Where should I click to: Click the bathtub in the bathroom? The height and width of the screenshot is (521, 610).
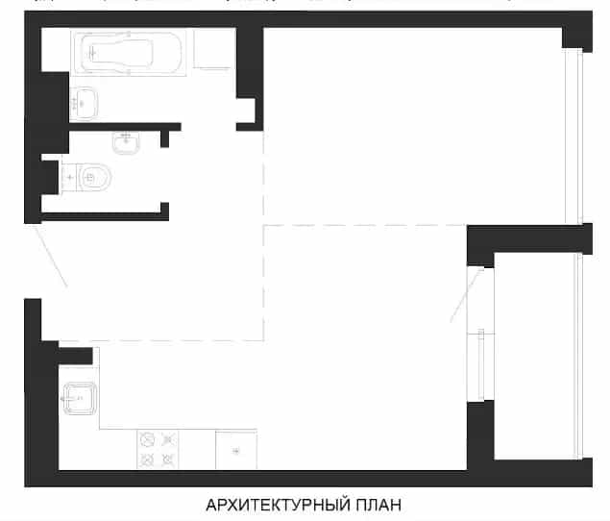[x=129, y=52]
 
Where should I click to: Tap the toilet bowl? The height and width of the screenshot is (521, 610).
[x=94, y=178]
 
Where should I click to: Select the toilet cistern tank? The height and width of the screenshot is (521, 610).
[x=69, y=178]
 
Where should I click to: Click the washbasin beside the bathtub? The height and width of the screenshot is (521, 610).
[x=84, y=104]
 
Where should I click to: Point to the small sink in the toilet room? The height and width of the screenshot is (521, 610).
[x=126, y=142]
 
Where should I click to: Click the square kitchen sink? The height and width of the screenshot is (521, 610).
[x=80, y=398]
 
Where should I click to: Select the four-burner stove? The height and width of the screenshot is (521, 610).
[x=158, y=449]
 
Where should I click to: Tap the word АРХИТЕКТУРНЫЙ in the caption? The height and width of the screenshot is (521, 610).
[x=278, y=505]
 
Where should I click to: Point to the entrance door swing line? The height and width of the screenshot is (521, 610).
[x=51, y=256]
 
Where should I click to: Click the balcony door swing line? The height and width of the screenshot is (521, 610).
[x=467, y=295]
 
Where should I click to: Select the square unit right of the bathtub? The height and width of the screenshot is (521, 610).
[x=212, y=48]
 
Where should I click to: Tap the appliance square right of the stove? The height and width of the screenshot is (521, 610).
[x=236, y=449]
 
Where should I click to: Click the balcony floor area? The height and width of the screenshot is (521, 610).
[x=535, y=357]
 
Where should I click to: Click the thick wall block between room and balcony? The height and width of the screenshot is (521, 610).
[x=529, y=239]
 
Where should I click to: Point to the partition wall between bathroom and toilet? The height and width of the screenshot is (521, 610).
[x=125, y=127]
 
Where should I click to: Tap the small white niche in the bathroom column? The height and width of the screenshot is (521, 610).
[x=246, y=111]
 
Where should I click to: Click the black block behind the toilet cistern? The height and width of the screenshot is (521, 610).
[x=50, y=177]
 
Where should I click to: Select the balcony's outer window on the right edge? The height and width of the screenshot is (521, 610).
[x=579, y=357]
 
